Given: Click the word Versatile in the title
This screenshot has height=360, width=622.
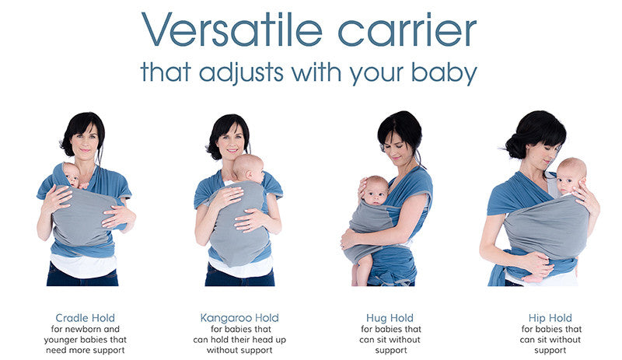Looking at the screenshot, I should click(231, 30).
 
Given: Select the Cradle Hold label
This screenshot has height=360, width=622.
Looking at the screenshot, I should click(86, 318).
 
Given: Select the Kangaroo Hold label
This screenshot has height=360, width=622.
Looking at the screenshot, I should click(239, 318).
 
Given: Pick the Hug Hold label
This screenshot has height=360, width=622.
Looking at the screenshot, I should click(390, 318).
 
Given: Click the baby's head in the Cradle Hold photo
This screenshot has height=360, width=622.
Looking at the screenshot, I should click(71, 174).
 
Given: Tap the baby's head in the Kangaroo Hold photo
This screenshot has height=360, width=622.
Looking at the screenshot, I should click(248, 167).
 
